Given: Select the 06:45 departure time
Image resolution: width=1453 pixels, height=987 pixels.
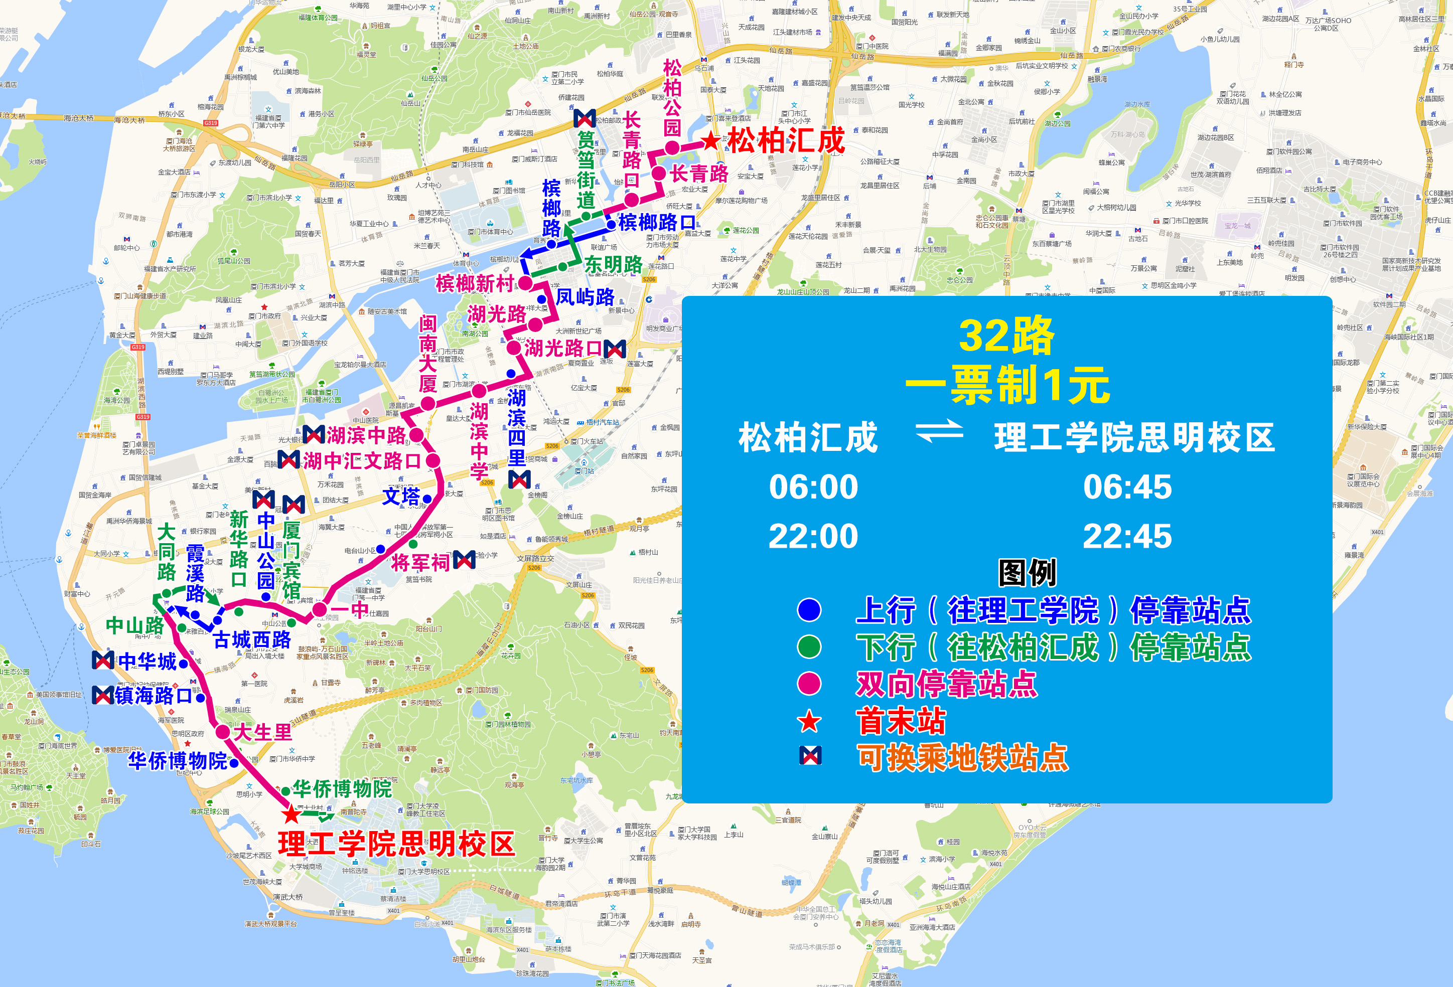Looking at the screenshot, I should (x=1127, y=487).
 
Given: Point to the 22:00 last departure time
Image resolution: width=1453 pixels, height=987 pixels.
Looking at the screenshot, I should (x=813, y=536).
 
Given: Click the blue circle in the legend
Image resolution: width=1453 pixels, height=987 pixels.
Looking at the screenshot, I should (x=809, y=610).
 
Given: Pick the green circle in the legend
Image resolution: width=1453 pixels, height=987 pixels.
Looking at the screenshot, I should (x=809, y=647).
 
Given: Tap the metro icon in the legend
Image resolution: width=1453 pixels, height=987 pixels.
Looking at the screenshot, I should (x=810, y=756).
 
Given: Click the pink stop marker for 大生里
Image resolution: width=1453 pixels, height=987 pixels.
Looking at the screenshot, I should (x=223, y=732).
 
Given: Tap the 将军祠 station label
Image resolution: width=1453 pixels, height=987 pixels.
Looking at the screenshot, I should (x=420, y=562).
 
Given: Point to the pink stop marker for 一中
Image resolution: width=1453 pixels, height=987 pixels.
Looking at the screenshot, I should (x=320, y=609).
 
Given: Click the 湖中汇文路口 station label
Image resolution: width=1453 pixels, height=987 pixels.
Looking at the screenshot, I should (x=361, y=461).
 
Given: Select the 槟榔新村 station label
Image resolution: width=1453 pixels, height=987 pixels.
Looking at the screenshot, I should (x=475, y=283).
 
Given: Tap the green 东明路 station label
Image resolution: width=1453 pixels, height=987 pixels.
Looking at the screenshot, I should (x=613, y=264).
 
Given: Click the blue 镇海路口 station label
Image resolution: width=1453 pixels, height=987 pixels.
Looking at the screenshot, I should (x=153, y=696).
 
